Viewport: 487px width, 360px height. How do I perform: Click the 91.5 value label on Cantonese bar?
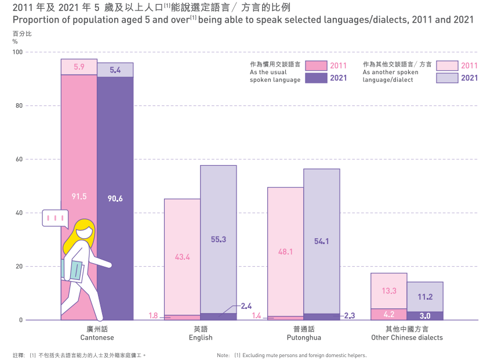click(79, 197)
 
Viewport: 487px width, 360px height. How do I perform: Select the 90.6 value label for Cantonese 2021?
click(115, 198)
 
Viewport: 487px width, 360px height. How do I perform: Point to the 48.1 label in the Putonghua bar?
click(285, 252)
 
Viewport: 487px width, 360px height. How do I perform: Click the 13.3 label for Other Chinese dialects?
click(389, 291)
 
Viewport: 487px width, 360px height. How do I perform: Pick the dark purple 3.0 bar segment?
click(425, 316)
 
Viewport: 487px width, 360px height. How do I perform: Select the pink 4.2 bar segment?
click(389, 315)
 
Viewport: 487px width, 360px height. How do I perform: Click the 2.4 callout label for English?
click(246, 306)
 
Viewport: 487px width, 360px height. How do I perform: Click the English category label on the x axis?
click(201, 333)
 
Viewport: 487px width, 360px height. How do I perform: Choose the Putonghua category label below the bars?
click(304, 333)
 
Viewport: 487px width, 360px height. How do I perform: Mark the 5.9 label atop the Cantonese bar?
click(79, 67)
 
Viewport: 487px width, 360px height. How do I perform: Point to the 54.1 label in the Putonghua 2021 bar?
click(322, 242)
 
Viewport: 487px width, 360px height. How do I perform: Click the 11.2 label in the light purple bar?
click(425, 297)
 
